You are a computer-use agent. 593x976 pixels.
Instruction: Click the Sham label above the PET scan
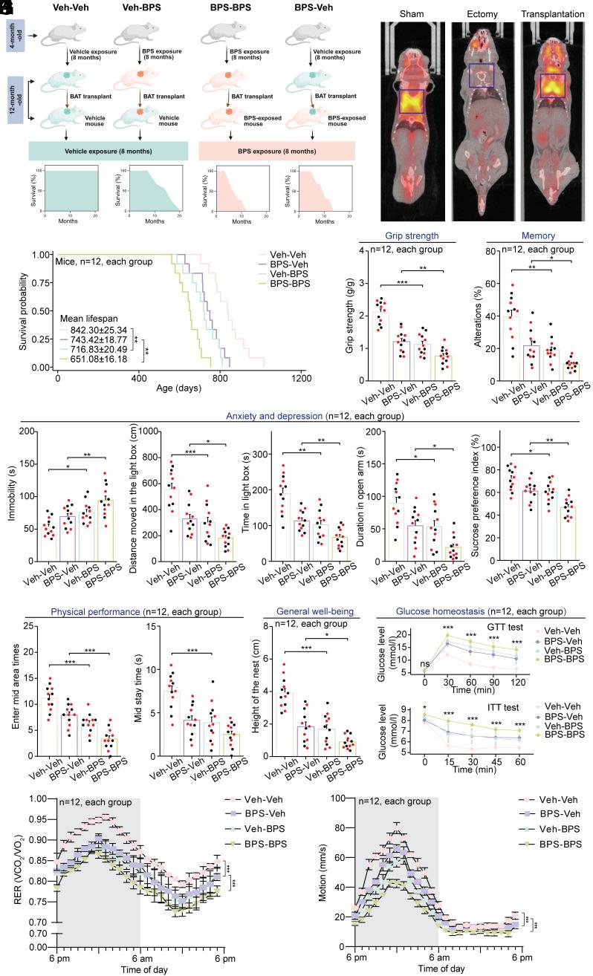[412, 14]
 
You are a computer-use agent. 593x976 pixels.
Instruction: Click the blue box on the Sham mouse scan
[412, 101]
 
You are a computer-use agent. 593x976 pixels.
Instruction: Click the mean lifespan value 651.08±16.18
[94, 359]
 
